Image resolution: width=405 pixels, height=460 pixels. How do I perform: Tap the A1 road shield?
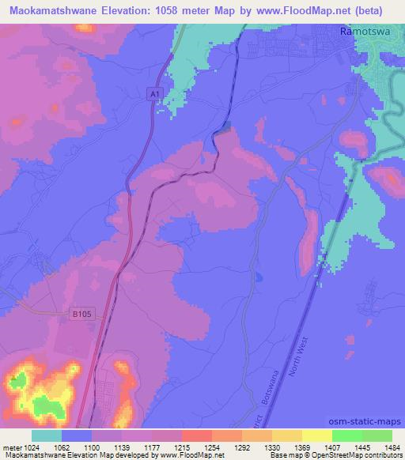point(154,94)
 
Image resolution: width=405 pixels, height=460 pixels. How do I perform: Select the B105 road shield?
point(75,314)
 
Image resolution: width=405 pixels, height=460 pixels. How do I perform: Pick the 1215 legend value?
point(181,447)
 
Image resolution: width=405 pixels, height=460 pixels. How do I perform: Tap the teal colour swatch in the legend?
point(47,435)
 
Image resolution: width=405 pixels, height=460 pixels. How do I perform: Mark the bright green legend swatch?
point(346,435)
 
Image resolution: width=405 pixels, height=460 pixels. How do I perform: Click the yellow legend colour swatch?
point(316,435)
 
